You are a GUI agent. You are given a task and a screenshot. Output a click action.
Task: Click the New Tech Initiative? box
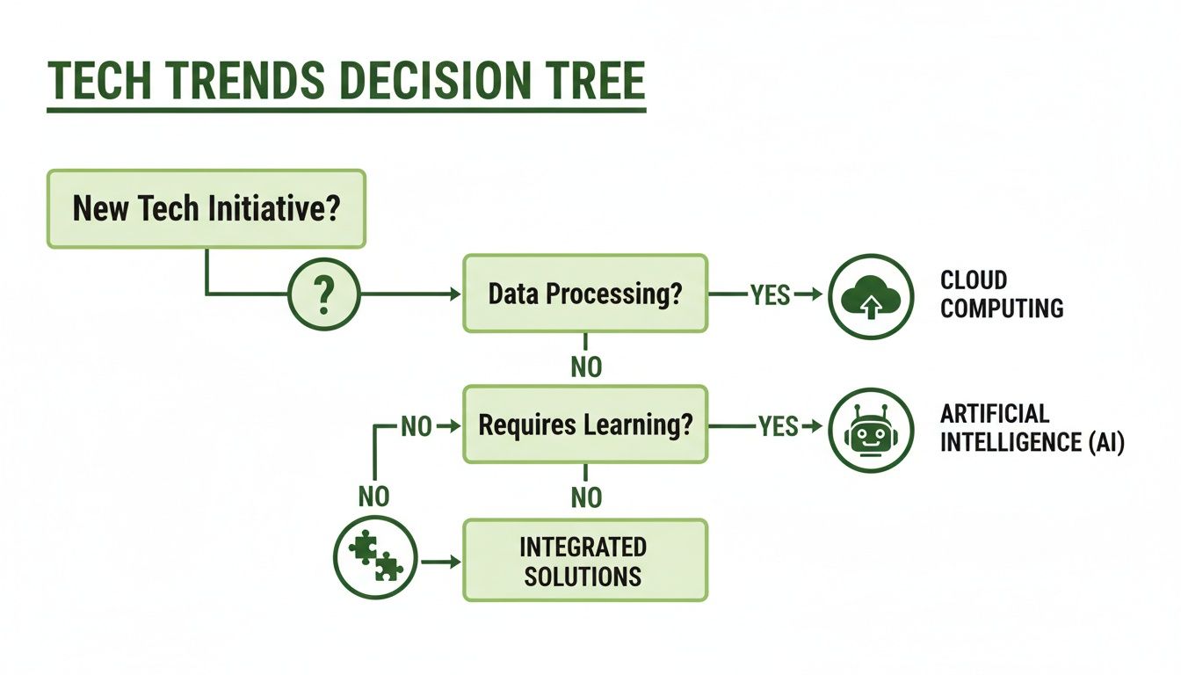[x=206, y=209]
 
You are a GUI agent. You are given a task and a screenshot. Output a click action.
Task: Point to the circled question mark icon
[x=324, y=294]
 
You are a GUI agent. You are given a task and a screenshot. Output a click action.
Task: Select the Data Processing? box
[x=585, y=294]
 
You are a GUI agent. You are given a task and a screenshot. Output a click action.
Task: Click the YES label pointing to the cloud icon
[x=770, y=295]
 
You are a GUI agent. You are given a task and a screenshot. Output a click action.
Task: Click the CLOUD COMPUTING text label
[x=1001, y=294]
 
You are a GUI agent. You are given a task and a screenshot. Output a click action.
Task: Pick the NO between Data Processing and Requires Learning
[x=586, y=367]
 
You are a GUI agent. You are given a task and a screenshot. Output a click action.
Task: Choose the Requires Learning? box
[x=585, y=425]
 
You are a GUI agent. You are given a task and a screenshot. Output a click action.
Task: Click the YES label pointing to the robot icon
[x=778, y=426]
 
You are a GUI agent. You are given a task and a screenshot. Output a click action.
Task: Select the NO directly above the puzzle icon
[x=373, y=497]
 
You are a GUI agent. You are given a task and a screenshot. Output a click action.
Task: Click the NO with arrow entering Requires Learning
[x=417, y=426]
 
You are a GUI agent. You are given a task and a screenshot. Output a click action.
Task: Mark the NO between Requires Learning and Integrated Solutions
[x=586, y=498]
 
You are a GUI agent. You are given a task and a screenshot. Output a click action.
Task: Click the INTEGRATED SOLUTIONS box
[x=585, y=561]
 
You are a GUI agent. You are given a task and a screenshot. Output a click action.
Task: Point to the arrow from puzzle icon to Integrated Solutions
[x=441, y=561]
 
